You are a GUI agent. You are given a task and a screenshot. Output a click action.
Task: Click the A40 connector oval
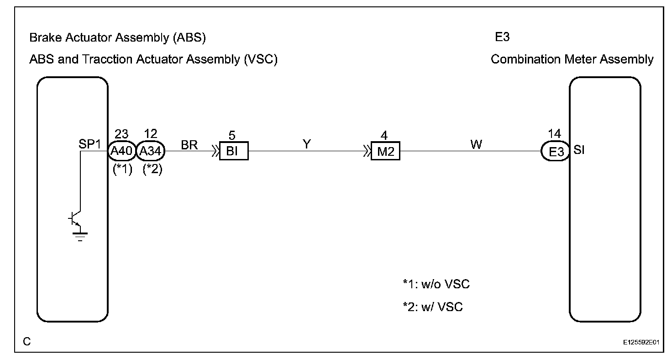(121, 151)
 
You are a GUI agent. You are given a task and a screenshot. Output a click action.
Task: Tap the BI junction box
(233, 151)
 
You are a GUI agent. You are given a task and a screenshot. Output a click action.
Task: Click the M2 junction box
(385, 151)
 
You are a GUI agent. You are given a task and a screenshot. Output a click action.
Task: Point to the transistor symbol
(76, 220)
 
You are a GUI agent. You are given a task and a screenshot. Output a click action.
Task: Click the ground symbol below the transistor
(80, 236)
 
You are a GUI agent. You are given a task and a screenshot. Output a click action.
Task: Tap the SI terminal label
(579, 150)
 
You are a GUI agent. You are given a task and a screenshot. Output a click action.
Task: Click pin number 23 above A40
(121, 134)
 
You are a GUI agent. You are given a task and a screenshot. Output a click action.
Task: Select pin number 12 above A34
(150, 134)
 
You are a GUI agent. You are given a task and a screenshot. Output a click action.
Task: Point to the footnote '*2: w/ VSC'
(432, 307)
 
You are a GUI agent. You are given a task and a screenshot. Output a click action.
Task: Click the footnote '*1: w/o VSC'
(436, 285)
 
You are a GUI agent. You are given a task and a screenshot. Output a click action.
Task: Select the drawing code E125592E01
(642, 342)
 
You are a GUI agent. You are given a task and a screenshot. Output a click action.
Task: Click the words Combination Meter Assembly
(572, 59)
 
